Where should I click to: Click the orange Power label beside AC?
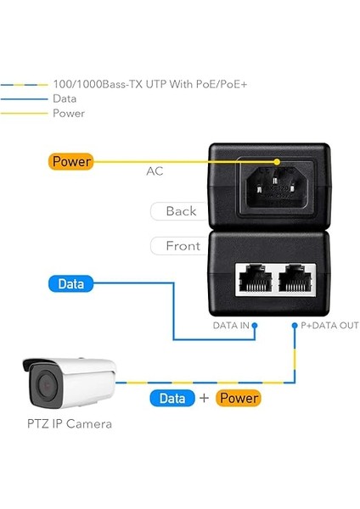(71, 161)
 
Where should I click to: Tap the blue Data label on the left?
(71, 284)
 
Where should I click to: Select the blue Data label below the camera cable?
(172, 397)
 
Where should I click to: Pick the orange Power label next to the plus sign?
(238, 397)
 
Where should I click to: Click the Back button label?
(180, 211)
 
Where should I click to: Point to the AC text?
(155, 171)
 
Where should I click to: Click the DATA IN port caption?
(231, 325)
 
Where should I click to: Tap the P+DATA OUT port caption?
(331, 325)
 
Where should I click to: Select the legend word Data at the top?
(65, 98)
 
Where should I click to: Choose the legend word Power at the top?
(69, 113)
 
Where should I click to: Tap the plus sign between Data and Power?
(205, 397)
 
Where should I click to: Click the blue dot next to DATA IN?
(254, 325)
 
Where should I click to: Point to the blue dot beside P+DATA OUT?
(295, 325)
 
